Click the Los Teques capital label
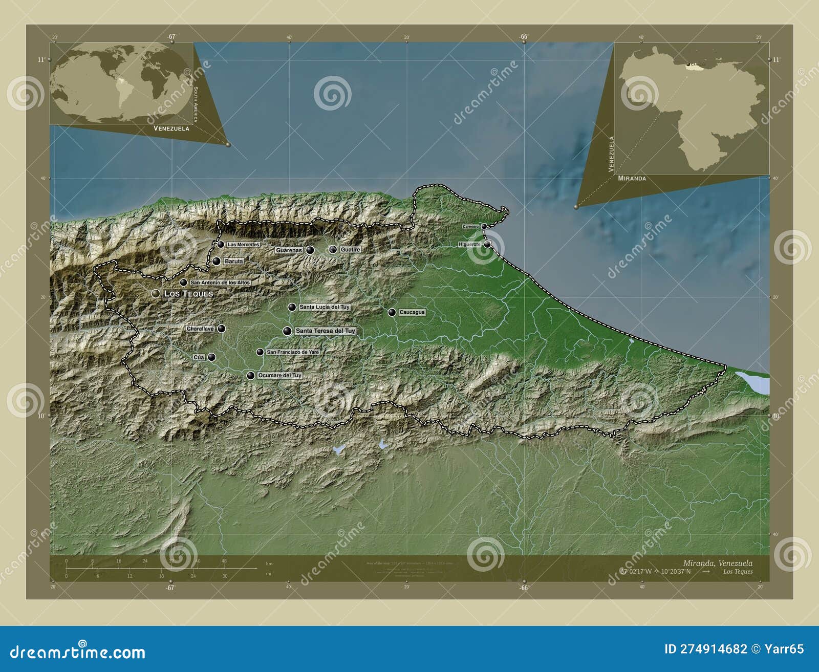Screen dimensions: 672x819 pos(188,294)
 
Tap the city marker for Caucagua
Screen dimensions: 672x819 pos(392,312)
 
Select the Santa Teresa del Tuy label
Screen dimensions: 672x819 pos(325,331)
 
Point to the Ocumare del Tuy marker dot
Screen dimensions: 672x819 pos(250,376)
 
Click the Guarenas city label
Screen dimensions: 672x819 pos(289,250)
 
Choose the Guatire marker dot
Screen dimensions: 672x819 pos(333,249)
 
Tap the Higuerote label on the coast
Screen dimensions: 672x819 pos(469,245)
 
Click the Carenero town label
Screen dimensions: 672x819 pos(470,226)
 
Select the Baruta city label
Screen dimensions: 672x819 pos(233,261)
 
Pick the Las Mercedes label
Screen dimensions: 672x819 pos(243,245)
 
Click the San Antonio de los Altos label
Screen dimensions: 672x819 pos(220,283)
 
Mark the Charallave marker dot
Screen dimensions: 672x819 pos(221,329)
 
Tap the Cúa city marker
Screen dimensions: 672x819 pos(211,357)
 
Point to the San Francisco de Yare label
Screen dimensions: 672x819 pos(293,352)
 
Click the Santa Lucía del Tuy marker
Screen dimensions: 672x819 pos(292,307)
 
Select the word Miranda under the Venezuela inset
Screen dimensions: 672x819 pos(632,179)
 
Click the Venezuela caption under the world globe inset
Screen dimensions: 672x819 pos(171,128)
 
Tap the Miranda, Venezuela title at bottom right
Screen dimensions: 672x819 pos(718,563)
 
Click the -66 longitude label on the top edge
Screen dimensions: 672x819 pos(523,36)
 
